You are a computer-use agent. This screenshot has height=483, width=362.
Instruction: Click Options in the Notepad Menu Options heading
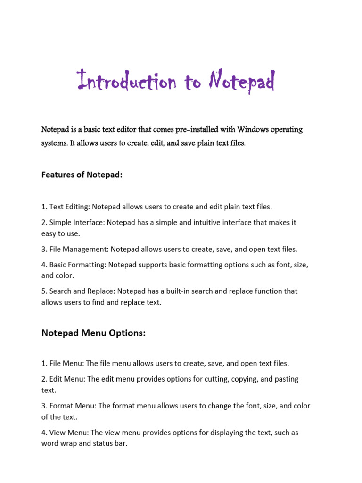tap(126, 333)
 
